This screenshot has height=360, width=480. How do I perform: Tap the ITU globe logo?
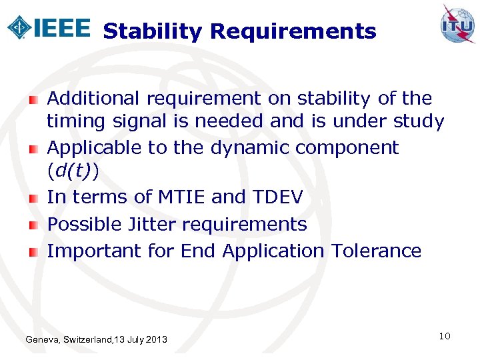[x=457, y=25]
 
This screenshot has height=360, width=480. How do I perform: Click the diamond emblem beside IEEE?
[x=19, y=27]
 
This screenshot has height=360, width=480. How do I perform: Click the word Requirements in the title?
[x=293, y=31]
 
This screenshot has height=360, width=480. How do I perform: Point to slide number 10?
[x=445, y=336]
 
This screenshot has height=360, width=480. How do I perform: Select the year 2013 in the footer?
[x=155, y=341]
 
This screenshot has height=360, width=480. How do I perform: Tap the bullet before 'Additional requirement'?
[x=33, y=99]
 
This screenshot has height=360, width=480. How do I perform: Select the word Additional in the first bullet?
[x=93, y=99]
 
